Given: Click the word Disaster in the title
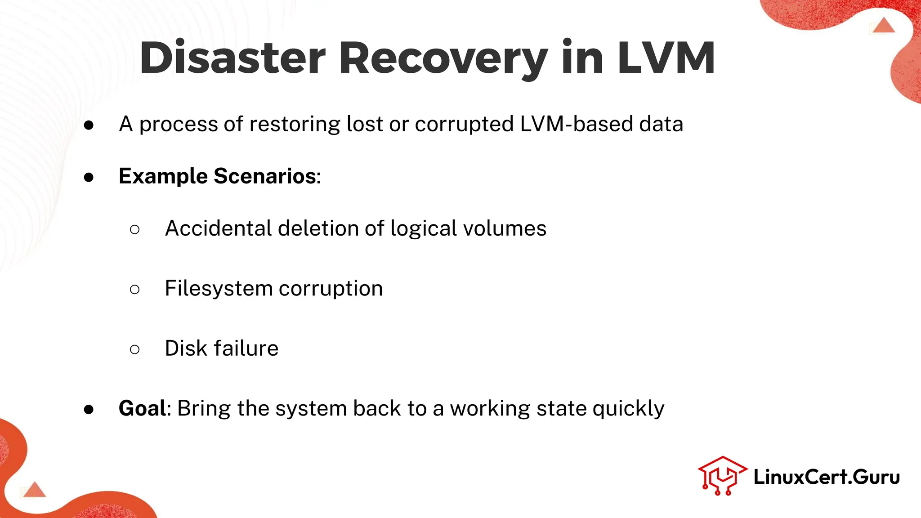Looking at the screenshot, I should (x=232, y=58).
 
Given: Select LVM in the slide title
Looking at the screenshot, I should (x=666, y=58).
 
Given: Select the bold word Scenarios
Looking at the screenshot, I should (x=265, y=176).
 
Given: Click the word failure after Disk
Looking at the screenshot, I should (x=246, y=348).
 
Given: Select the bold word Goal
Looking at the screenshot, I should (x=143, y=408).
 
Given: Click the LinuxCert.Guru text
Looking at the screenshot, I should (x=827, y=477).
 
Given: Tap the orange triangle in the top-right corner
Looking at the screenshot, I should (x=884, y=26).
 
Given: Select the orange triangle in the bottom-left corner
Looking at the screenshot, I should (x=35, y=490).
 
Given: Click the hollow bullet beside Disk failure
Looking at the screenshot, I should (x=134, y=349).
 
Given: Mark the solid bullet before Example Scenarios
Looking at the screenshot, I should (x=89, y=177).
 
